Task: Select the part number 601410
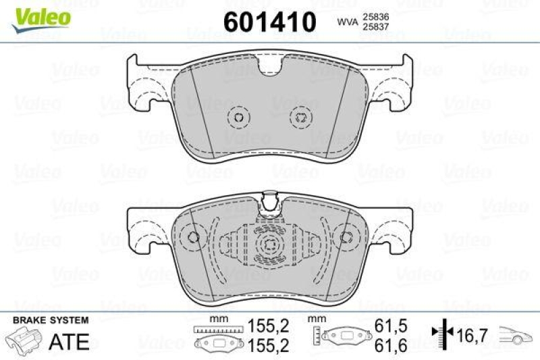tap(269, 22)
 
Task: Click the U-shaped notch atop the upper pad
tap(271, 66)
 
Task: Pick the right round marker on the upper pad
tap(299, 117)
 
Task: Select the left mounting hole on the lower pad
tap(194, 237)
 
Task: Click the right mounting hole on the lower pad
tap(346, 237)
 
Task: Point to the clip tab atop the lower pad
tap(271, 200)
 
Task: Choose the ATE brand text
tap(70, 341)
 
